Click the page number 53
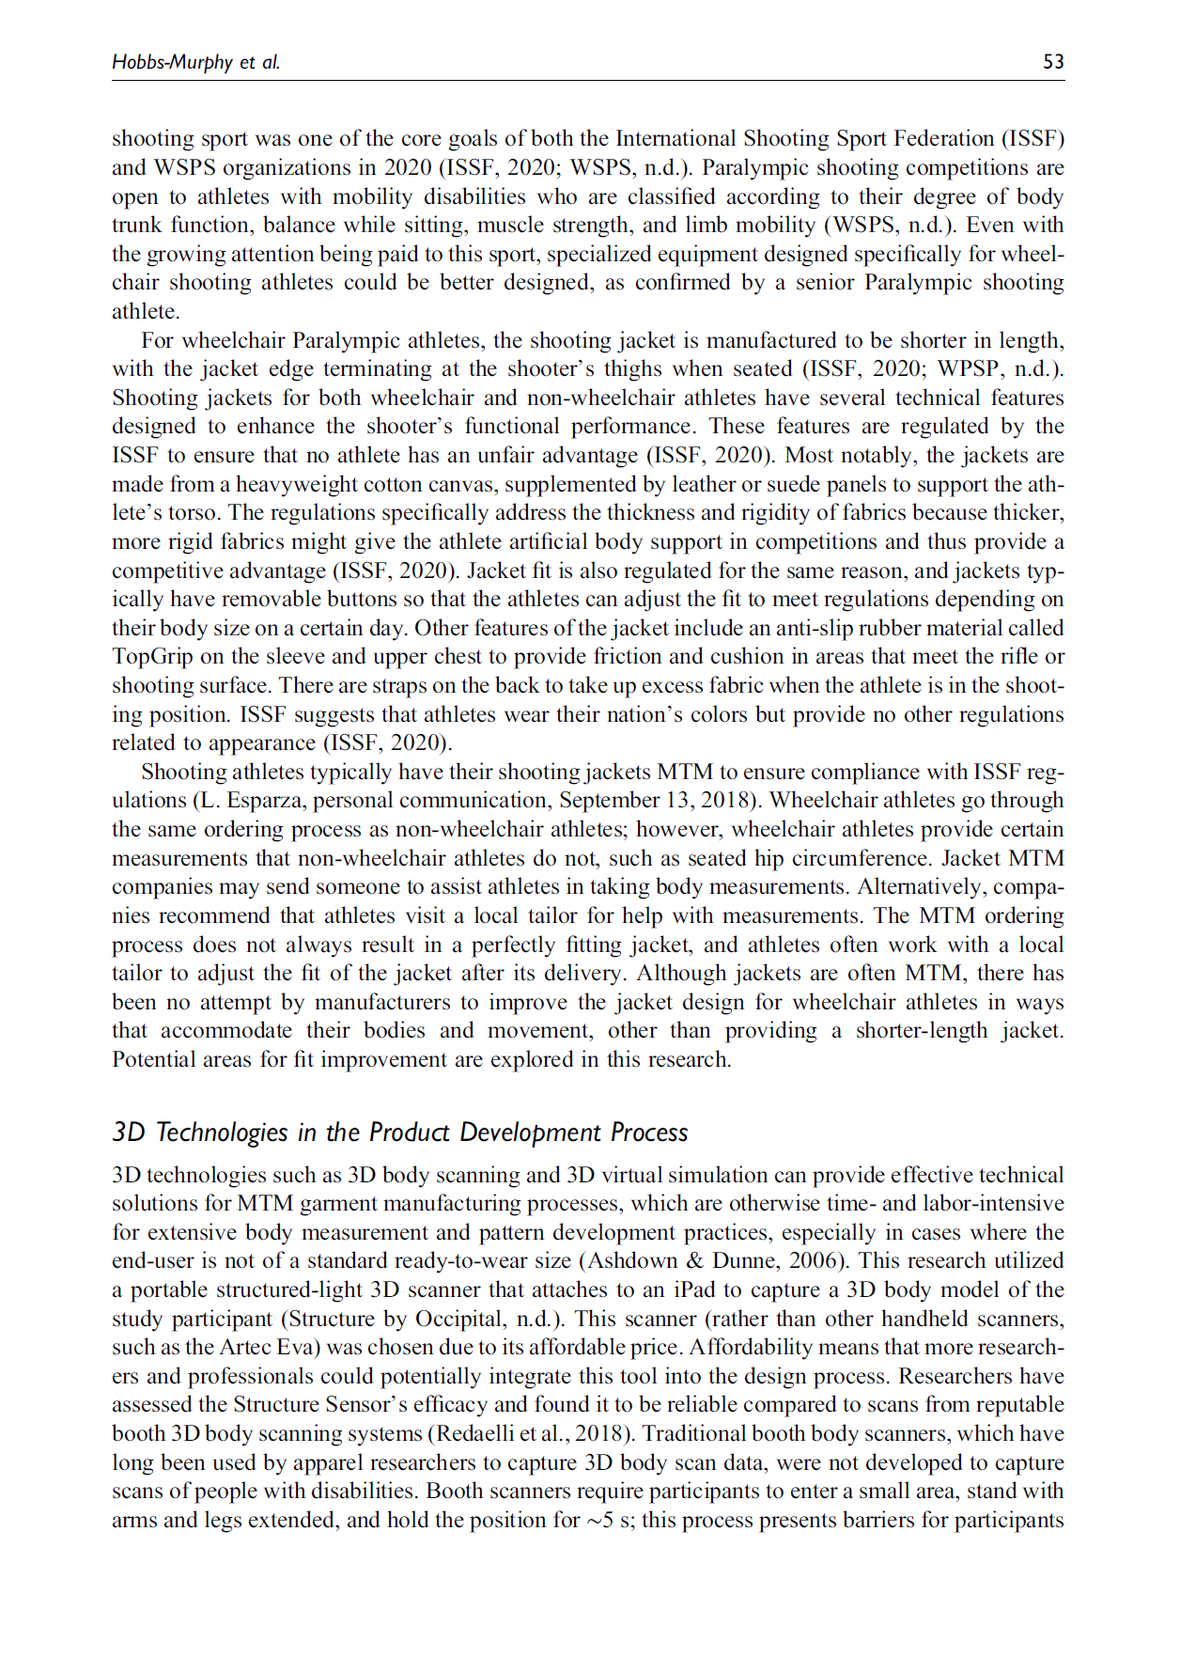pyautogui.click(x=1053, y=62)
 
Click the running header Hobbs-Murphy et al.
pyautogui.click(x=195, y=62)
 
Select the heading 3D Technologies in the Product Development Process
pyautogui.click(x=399, y=1133)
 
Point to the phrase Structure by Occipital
pyautogui.click(x=396, y=1320)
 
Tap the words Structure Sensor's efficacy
pyautogui.click(x=360, y=1405)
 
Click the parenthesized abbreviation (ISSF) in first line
pyautogui.click(x=1032, y=139)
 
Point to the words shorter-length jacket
pyautogui.click(x=958, y=1031)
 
